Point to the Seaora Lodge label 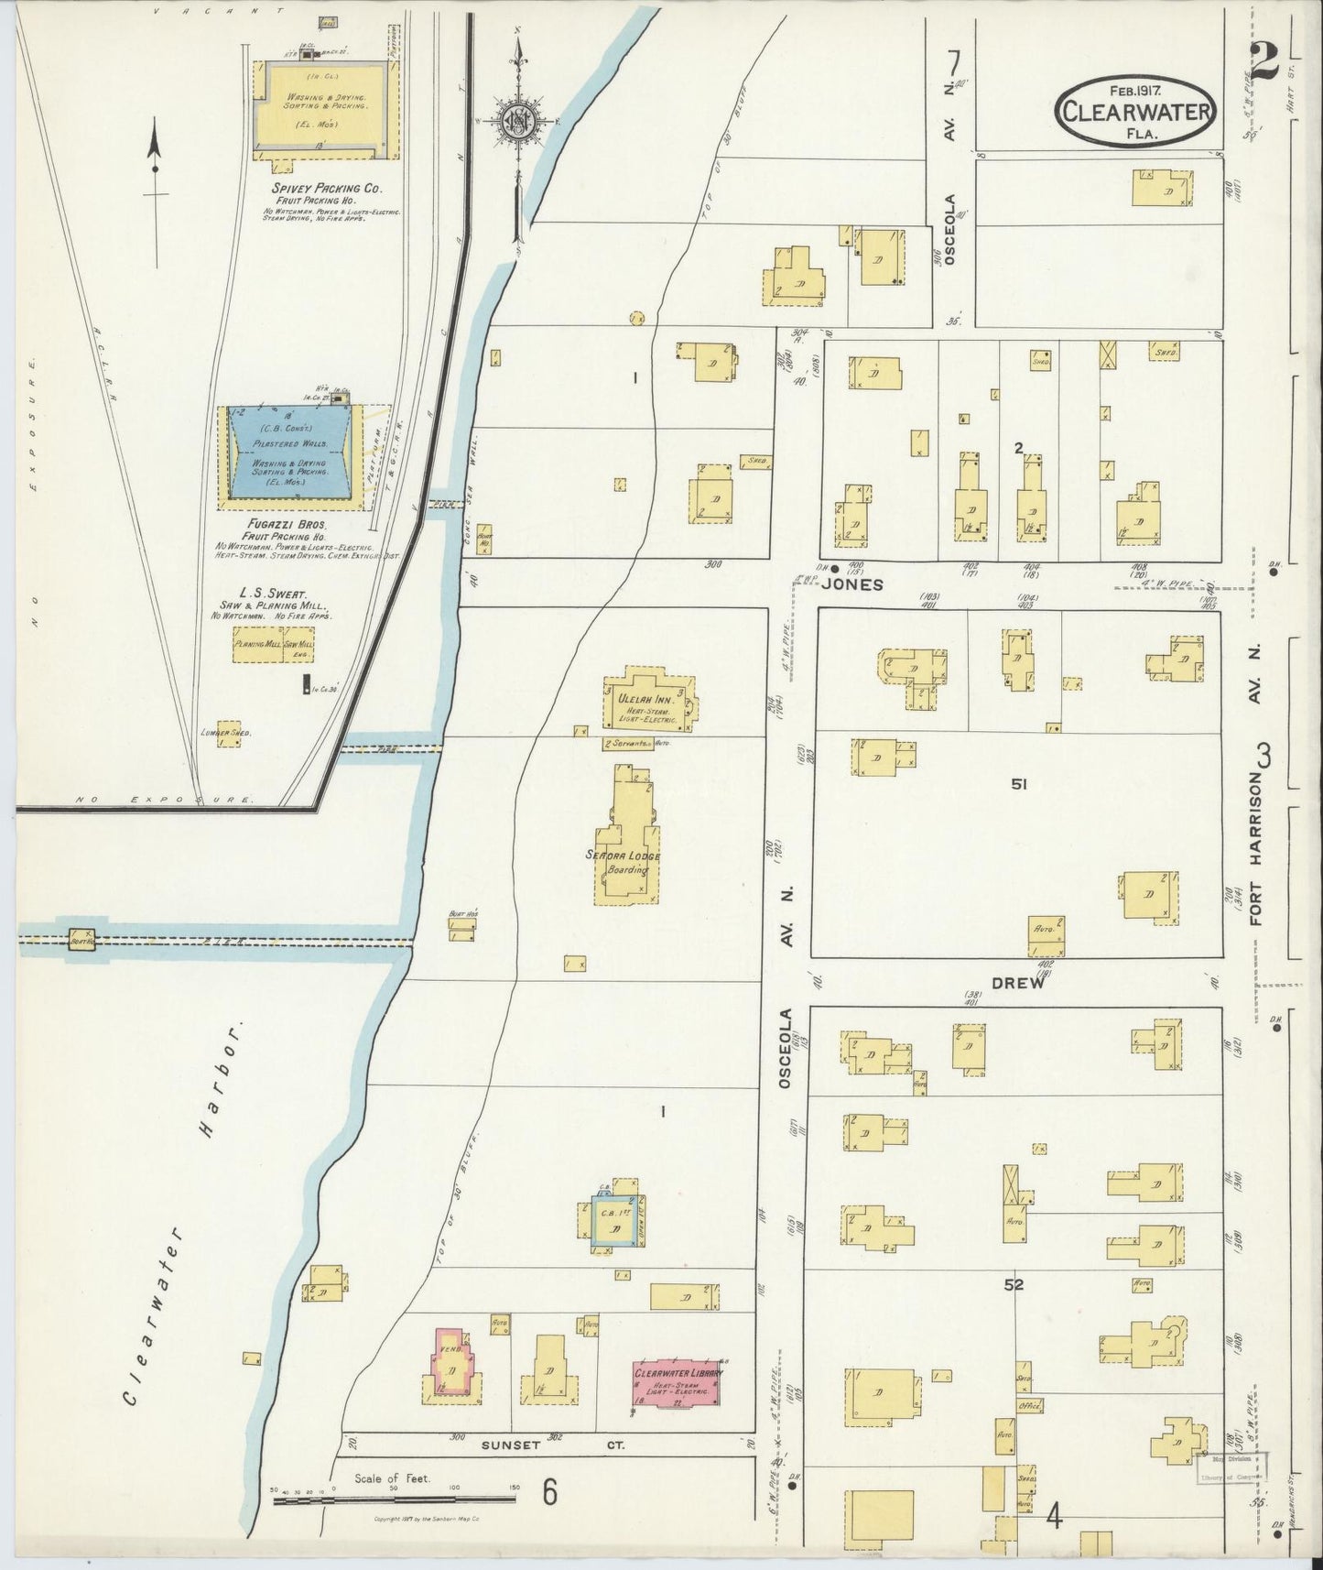click(623, 856)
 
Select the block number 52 click(1013, 1285)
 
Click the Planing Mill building click(257, 645)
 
